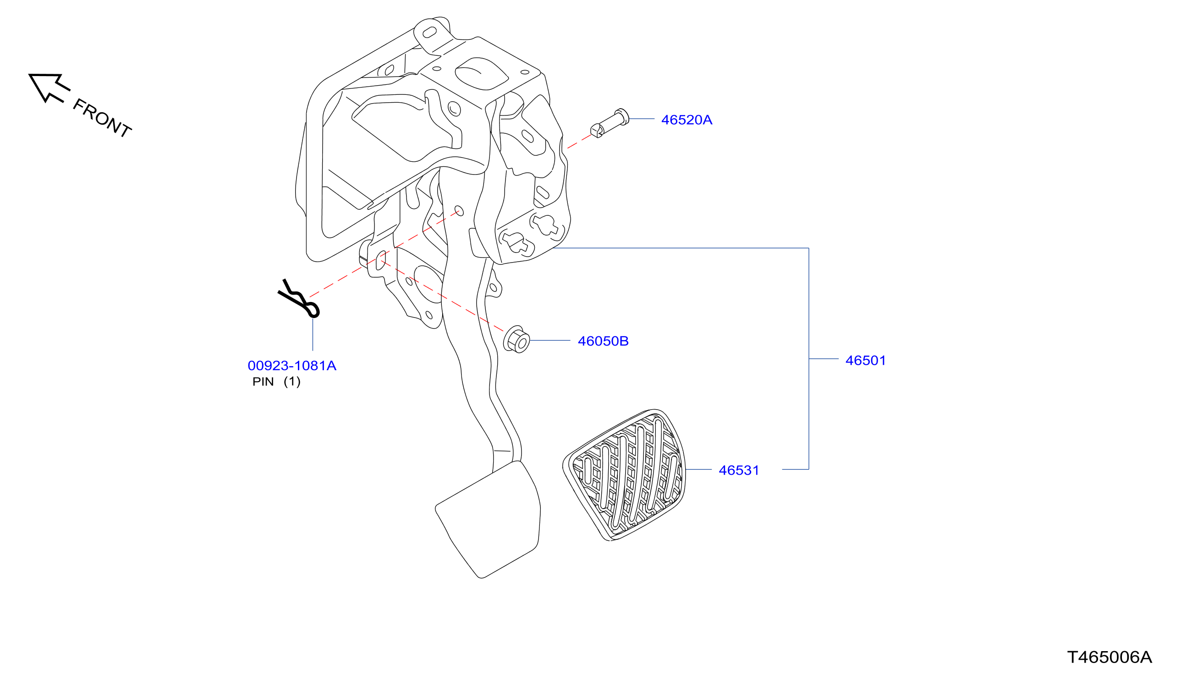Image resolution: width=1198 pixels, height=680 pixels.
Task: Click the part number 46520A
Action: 687,120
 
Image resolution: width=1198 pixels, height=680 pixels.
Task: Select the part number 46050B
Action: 603,341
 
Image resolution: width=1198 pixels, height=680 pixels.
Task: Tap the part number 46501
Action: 865,361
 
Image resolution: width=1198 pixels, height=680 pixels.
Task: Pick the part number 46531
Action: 739,470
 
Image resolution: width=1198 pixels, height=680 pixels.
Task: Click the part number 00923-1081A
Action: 292,366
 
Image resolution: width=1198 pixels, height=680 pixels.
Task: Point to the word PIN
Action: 263,382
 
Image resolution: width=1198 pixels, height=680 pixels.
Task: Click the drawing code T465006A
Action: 1110,657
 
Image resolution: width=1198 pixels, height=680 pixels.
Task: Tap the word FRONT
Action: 102,118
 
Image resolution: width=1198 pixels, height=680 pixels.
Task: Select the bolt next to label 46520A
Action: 610,123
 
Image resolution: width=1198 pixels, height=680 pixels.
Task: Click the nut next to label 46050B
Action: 517,340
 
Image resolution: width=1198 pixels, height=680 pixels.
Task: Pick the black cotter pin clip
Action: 299,299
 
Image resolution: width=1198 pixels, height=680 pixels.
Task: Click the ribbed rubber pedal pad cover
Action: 625,475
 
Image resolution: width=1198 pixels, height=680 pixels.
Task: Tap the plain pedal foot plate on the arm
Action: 488,519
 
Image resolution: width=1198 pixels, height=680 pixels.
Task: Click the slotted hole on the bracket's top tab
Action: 429,32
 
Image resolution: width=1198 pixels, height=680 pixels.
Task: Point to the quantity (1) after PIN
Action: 292,382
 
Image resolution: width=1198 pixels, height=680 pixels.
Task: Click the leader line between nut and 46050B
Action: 550,341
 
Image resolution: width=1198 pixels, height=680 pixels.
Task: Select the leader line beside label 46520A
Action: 642,119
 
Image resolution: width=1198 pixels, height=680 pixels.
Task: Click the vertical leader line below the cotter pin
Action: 313,334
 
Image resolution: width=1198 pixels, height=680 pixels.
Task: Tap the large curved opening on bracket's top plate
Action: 481,74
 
